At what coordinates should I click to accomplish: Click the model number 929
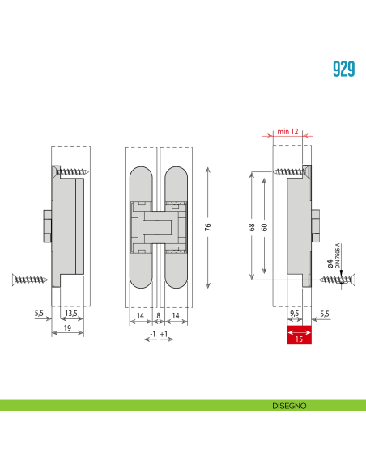343,68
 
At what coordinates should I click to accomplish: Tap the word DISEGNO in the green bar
289,406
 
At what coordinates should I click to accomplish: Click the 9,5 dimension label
295,313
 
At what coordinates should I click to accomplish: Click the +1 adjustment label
165,334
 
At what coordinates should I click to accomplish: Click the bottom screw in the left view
30,280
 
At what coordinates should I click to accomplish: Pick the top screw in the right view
289,172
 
